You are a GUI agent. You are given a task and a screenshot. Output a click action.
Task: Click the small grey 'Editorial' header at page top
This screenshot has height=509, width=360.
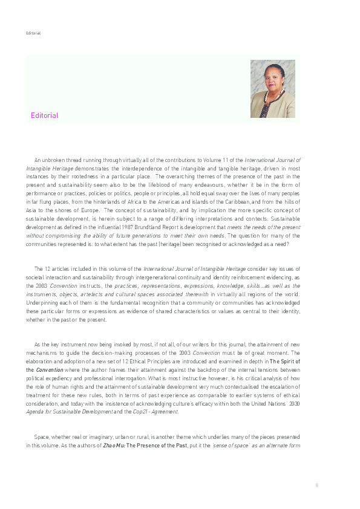tap(33, 33)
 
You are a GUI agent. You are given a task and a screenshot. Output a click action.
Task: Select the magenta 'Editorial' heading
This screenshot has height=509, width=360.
tap(45, 115)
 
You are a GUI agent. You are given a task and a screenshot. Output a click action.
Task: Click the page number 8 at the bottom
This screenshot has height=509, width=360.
tap(316, 485)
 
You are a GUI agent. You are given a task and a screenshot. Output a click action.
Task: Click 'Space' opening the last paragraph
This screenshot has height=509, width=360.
tap(41, 436)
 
